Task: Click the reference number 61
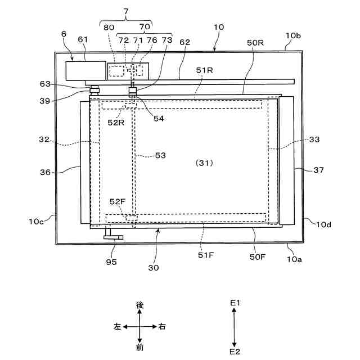coord(83,39)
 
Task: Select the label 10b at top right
coord(293,36)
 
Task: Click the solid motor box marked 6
coord(85,70)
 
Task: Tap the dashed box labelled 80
coord(117,71)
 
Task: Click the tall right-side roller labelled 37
coord(286,159)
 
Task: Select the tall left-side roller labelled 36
coord(85,163)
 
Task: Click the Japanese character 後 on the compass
coord(140,305)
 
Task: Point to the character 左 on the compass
coord(117,326)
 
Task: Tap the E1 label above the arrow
coord(235,303)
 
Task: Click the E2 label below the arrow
coord(235,351)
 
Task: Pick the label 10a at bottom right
coord(294,260)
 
